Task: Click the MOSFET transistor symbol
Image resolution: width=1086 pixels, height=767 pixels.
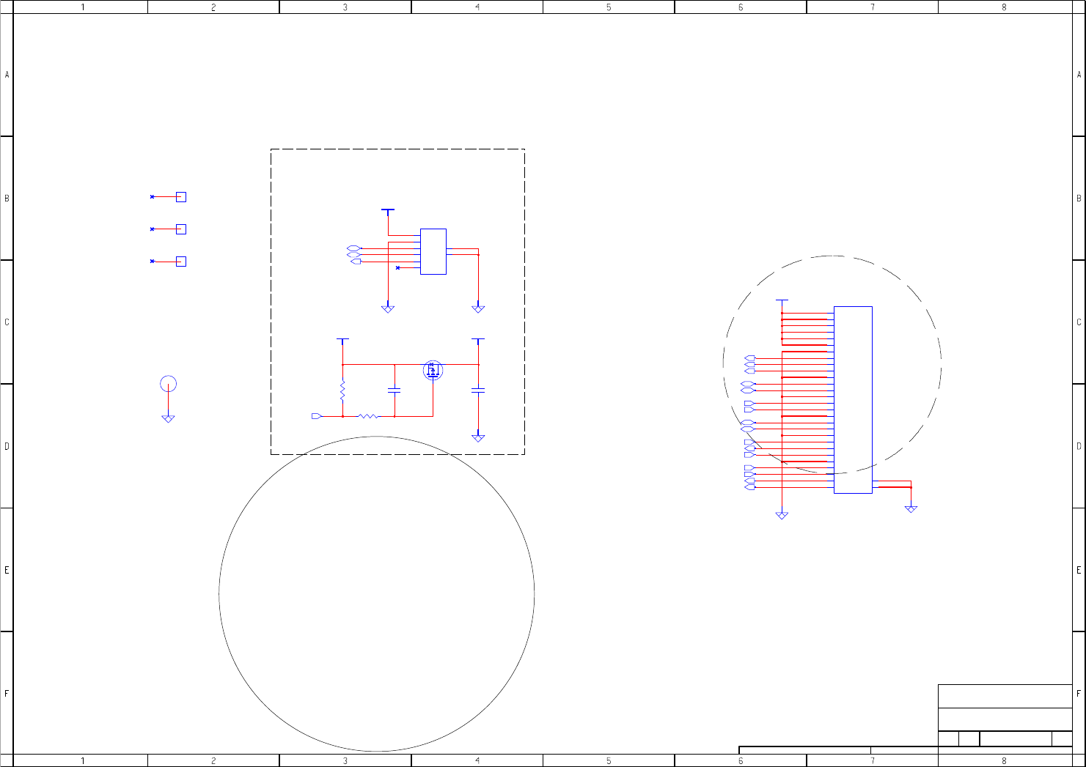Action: [433, 371]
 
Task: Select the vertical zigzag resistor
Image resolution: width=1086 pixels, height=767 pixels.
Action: [342, 390]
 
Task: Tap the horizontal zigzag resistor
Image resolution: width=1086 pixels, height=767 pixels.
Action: [368, 416]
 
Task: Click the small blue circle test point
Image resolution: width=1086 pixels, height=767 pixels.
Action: [168, 384]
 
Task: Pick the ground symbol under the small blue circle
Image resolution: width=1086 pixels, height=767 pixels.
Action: [168, 418]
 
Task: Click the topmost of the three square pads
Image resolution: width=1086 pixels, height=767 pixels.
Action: [181, 197]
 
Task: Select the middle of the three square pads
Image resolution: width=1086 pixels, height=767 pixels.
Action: [181, 229]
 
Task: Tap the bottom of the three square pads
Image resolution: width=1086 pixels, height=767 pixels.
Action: [181, 262]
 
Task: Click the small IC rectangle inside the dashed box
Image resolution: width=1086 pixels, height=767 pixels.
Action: [433, 252]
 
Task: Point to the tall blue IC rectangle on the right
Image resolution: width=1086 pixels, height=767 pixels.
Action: [854, 400]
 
